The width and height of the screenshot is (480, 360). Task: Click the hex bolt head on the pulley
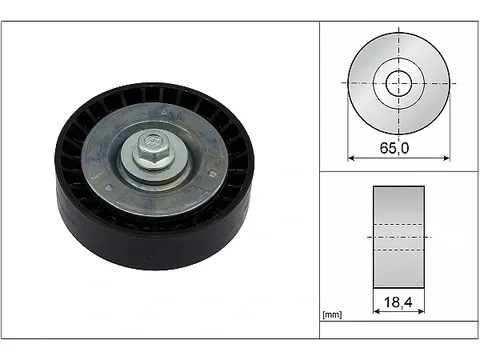pos(152,147)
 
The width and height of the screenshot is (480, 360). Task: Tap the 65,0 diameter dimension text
pos(394,148)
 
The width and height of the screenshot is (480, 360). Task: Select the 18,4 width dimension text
pos(398,302)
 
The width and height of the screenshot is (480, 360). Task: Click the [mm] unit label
pos(332,314)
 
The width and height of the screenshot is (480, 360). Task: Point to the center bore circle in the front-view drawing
pos(399,83)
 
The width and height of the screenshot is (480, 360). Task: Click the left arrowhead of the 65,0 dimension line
pos(351,158)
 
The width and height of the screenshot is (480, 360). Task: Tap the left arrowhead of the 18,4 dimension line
pos(376,311)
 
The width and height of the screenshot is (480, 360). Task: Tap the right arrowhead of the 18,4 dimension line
pos(421,311)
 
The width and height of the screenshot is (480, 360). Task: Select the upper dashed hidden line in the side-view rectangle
pos(399,225)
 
